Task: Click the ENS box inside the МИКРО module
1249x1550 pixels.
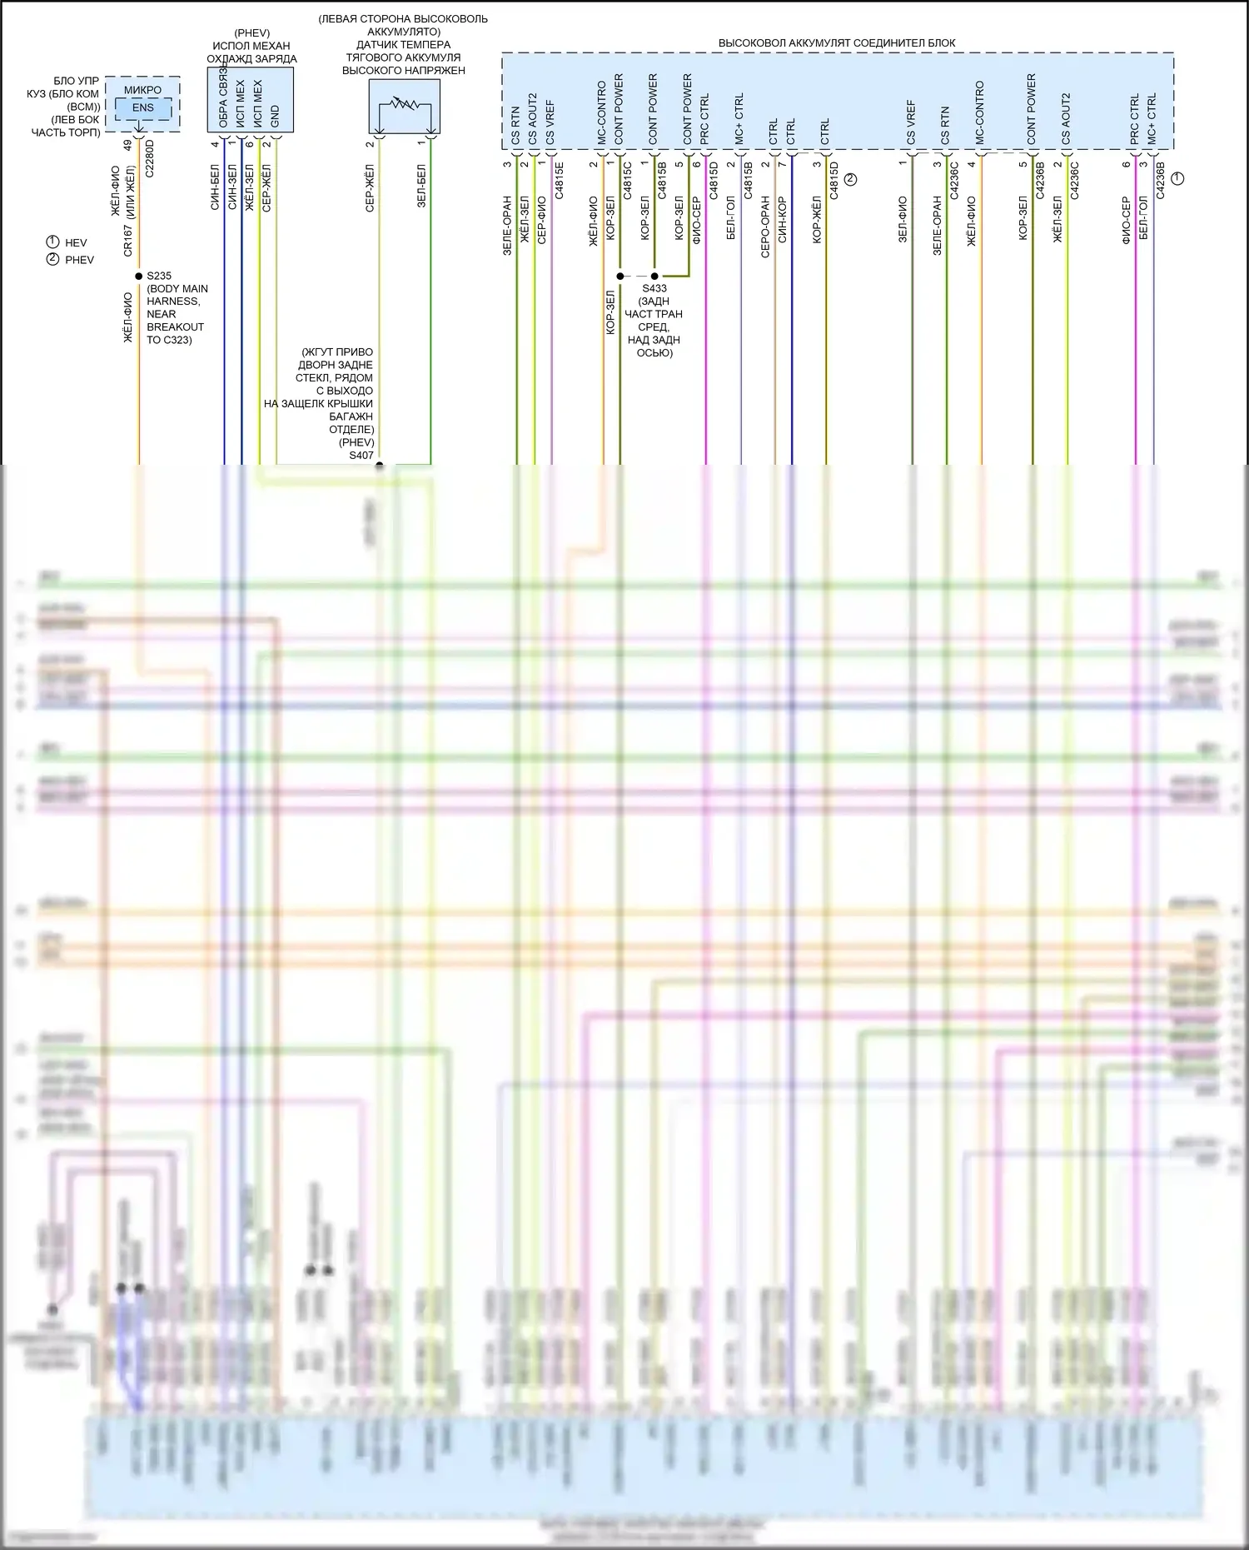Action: coord(142,107)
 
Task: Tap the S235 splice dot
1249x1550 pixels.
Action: coord(139,276)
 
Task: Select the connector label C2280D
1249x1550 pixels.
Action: coord(150,158)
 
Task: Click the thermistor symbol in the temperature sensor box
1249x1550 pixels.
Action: coord(404,107)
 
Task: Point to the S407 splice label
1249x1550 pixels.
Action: coord(361,456)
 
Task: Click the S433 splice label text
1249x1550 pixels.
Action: coord(654,288)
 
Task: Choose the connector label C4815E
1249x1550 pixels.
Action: coord(560,180)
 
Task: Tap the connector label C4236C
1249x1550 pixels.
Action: coord(1075,180)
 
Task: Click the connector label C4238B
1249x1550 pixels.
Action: coord(1161,180)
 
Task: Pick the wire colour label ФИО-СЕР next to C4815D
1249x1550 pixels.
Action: coord(696,220)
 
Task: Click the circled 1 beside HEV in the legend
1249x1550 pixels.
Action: coord(52,242)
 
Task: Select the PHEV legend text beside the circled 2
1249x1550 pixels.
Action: coord(79,260)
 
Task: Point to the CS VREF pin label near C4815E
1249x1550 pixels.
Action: coord(550,122)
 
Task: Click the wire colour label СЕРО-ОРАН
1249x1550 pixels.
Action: coord(765,227)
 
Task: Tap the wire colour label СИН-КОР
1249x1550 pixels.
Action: coord(782,220)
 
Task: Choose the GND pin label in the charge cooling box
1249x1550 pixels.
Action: coord(276,117)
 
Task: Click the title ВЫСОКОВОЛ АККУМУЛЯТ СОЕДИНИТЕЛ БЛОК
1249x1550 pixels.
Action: coord(837,42)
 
